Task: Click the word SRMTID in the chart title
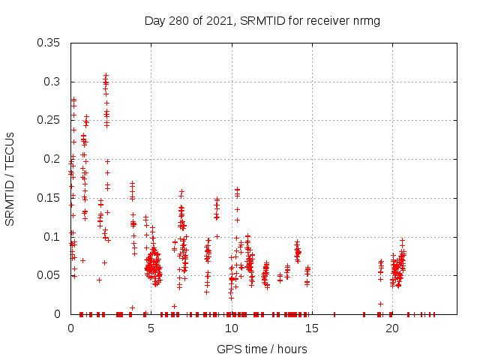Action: [259, 21]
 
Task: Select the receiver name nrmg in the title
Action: [366, 21]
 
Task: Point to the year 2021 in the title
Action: [218, 21]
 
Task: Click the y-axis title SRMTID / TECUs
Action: [10, 178]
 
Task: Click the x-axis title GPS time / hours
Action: [262, 349]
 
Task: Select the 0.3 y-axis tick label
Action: [54, 82]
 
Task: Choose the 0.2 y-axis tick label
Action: [54, 159]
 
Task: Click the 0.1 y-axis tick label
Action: [54, 237]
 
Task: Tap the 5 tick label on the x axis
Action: [151, 328]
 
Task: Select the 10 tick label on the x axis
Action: [232, 328]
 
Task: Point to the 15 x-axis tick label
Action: [312, 328]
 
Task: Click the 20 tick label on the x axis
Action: [392, 328]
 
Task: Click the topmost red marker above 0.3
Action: [106, 75]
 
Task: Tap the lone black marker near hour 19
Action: [380, 304]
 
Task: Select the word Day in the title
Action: [154, 21]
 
